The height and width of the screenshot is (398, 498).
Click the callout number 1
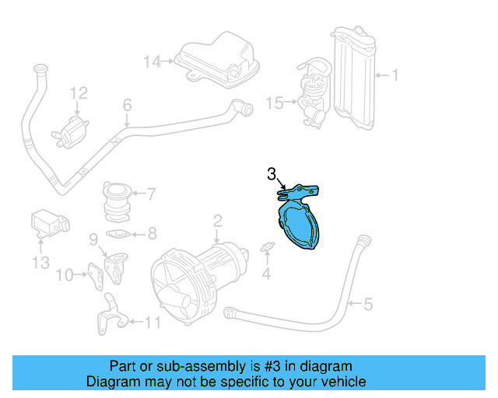395,75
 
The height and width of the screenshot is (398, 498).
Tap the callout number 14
150,61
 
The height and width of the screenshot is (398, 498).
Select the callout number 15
274,102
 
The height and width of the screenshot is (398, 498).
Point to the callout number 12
79,93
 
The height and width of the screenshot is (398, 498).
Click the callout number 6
127,106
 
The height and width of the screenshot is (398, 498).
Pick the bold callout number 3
272,174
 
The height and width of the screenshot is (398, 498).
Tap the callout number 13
40,264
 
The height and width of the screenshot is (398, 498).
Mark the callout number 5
368,305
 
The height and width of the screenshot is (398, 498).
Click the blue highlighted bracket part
299,218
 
